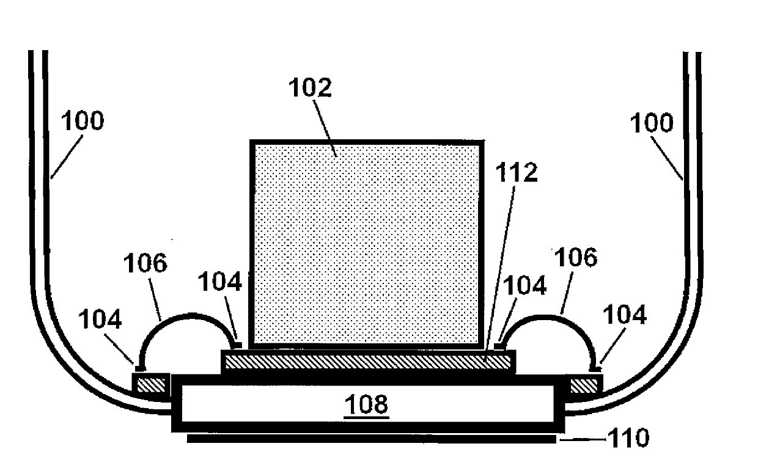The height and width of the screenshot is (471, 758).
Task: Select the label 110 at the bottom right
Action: [x=628, y=438]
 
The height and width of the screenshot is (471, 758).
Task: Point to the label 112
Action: [x=517, y=173]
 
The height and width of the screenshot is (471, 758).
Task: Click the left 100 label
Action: [x=83, y=122]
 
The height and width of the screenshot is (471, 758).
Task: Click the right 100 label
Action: [x=652, y=123]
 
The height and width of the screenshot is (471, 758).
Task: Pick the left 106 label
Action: [x=145, y=263]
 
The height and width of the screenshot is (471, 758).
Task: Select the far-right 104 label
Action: [x=625, y=315]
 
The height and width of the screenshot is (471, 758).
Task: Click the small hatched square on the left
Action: [x=150, y=385]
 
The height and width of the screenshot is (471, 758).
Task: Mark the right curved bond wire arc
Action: [x=547, y=316]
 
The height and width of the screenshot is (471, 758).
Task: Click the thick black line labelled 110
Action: [x=371, y=439]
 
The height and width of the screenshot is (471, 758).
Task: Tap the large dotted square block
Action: [x=367, y=244]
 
